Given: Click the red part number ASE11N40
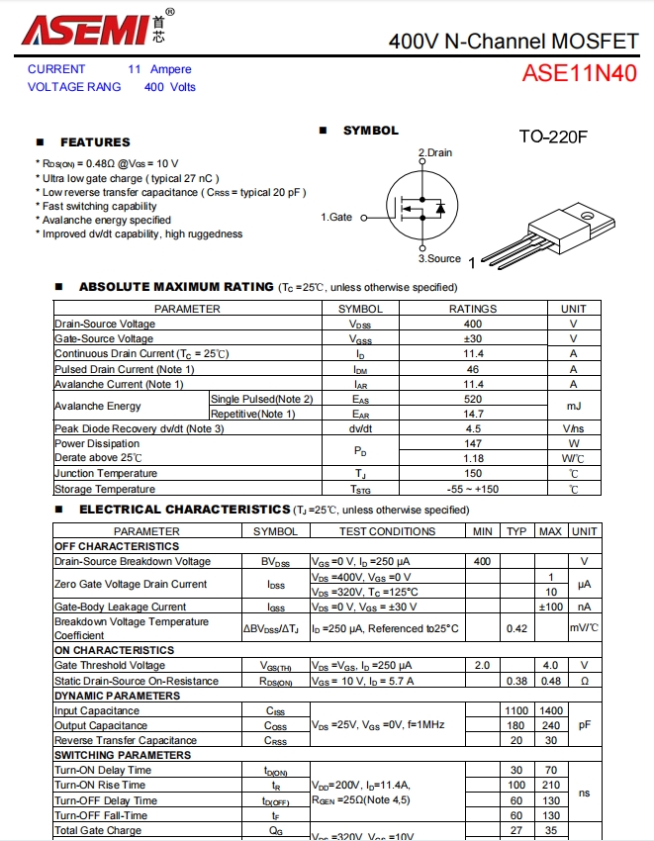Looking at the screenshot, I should [579, 74].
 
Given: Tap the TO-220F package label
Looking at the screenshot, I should [553, 137].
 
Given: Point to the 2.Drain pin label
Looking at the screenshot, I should [435, 152].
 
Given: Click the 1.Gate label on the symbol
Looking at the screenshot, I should [336, 217].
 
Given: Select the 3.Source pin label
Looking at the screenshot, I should [438, 258].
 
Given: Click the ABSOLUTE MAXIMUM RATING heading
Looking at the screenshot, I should [176, 287].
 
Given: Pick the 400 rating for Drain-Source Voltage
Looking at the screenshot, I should [473, 324].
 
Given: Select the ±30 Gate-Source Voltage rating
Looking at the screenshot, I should [473, 338].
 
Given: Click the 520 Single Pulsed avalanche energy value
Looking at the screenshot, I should [473, 399].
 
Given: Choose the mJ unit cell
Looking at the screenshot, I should [573, 406].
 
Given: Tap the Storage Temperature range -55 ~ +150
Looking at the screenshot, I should [473, 489].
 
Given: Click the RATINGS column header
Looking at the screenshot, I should [473, 309].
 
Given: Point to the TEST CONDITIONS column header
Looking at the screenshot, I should [387, 531].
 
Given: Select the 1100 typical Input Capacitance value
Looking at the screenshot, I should [516, 710].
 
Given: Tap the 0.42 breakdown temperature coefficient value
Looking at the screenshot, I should [516, 628].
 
